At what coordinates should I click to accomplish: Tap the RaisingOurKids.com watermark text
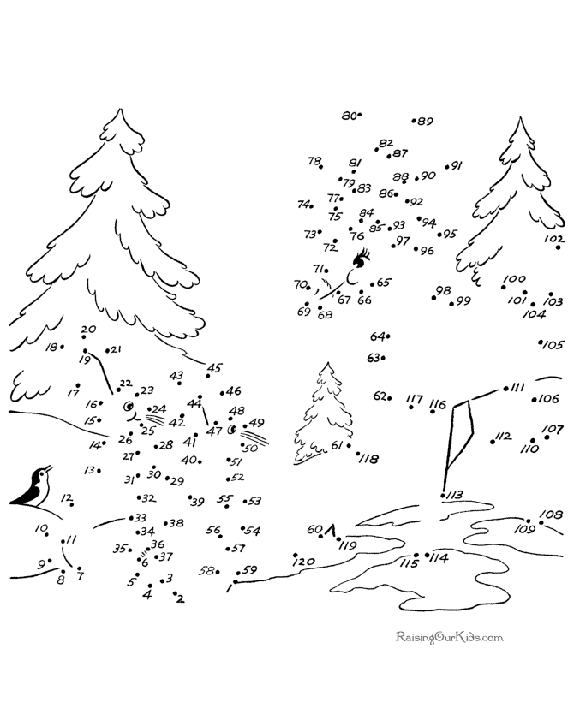pos(449,637)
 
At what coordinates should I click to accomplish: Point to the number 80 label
pos(348,116)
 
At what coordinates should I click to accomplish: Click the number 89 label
pos(425,122)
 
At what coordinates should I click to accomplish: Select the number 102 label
pos(553,239)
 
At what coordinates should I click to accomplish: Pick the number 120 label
pos(304,562)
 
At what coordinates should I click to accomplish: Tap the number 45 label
pos(214,368)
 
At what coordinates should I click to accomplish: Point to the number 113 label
pos(454,495)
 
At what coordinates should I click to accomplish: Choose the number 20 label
pos(88,330)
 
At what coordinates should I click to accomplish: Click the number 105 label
pos(553,345)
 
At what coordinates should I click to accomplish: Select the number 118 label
pos(369,459)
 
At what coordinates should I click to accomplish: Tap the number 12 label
pos(66,498)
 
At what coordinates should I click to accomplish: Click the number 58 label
pos(207,570)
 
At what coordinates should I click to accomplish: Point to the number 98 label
pos(442,290)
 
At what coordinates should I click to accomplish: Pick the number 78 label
pos(314,161)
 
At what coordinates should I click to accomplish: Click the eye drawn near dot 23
pos(129,407)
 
